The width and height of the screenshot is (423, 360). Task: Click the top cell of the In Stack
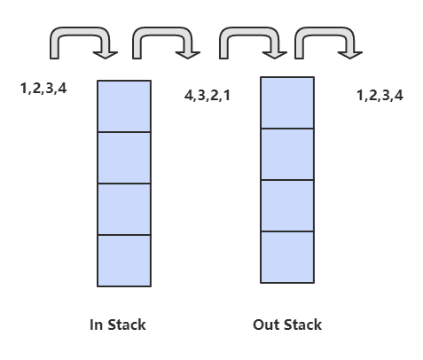(x=124, y=106)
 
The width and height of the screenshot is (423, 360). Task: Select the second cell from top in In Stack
(x=124, y=158)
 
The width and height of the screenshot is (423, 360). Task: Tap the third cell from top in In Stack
(x=124, y=209)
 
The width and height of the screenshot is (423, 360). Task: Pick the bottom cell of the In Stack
(x=124, y=261)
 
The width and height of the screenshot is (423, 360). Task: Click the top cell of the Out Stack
(x=287, y=103)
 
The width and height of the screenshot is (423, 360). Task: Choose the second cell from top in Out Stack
(x=287, y=154)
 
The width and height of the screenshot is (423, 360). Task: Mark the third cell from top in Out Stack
(x=287, y=206)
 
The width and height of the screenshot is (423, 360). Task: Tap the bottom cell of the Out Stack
(x=287, y=257)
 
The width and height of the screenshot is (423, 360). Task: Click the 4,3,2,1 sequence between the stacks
(x=208, y=96)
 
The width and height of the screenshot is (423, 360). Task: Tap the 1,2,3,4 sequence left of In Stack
(x=43, y=89)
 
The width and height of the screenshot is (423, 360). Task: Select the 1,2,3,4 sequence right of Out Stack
(x=380, y=96)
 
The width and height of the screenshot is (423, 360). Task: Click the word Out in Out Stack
(x=263, y=325)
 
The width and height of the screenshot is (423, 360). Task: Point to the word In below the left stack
(x=96, y=325)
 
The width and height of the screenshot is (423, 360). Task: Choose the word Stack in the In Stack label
(x=127, y=325)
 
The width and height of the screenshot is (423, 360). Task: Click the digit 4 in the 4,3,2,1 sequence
(x=189, y=95)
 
